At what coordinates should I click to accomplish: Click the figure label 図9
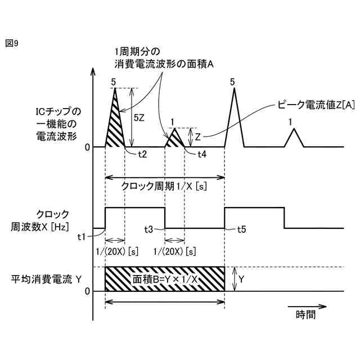pyautogui.click(x=12, y=43)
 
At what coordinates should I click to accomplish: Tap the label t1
pyautogui.click(x=83, y=236)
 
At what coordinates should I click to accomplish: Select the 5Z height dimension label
pyautogui.click(x=140, y=119)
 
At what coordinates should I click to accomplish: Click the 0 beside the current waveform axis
pyautogui.click(x=87, y=147)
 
